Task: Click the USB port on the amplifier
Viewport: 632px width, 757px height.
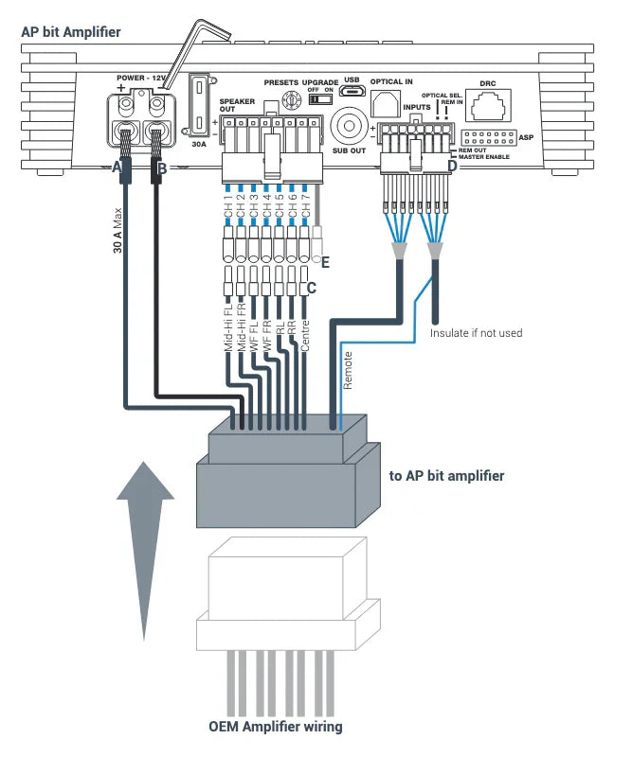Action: point(353,92)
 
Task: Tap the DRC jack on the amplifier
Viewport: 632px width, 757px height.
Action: point(489,103)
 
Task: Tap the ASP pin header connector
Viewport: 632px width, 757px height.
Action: point(488,136)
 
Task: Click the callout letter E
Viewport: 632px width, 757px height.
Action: point(326,260)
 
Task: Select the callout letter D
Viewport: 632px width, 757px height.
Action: point(451,167)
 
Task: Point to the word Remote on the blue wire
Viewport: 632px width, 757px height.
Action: point(348,370)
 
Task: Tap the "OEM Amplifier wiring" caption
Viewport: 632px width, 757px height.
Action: point(276,727)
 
